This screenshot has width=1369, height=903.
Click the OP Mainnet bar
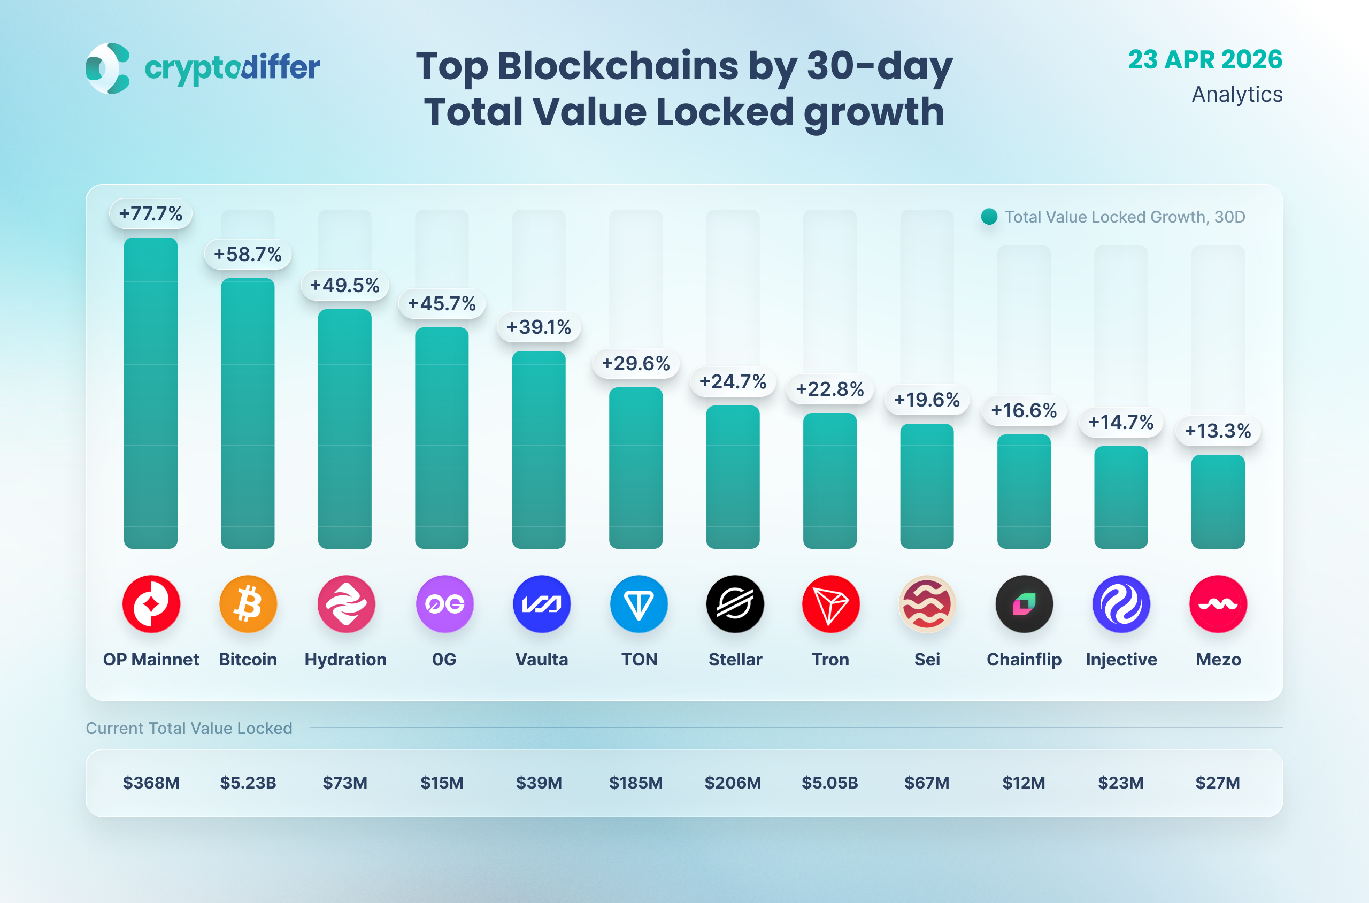point(150,393)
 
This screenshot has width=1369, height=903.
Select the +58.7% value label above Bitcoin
point(248,254)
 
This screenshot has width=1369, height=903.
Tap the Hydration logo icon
point(346,604)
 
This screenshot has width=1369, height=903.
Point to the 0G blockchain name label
point(444,660)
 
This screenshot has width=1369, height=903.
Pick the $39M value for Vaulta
point(539,783)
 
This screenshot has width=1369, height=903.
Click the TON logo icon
point(639,604)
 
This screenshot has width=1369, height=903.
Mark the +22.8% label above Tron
point(829,389)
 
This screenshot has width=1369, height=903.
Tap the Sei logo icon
point(927,604)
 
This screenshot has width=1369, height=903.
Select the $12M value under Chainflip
point(1024,783)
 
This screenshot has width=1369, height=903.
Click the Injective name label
point(1121,660)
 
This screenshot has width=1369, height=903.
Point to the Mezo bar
point(1218,502)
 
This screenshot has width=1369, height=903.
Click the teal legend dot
point(989,217)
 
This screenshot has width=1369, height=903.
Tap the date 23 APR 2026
point(1205,60)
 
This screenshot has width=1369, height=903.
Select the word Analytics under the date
point(1236,95)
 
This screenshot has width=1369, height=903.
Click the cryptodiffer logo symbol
point(107,68)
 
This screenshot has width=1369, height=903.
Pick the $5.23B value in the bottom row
point(248,783)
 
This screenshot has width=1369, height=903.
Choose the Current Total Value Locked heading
point(189,729)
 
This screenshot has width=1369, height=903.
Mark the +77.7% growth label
point(150,213)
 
